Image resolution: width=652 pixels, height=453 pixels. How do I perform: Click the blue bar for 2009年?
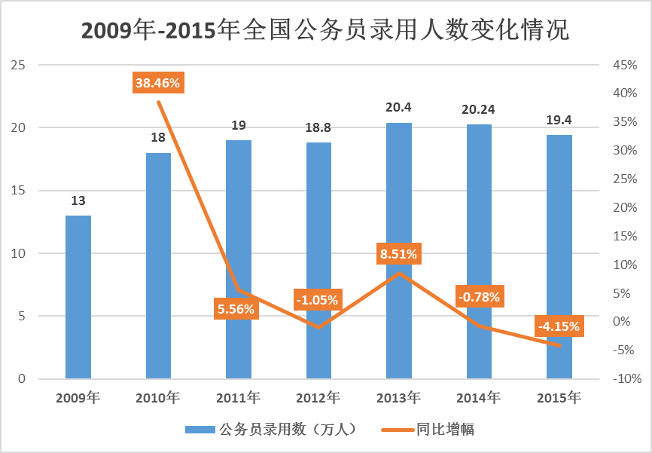pos(78,297)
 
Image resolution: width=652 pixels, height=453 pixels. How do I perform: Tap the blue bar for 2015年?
pos(559,256)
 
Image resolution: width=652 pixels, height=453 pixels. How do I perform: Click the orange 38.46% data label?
pos(158,83)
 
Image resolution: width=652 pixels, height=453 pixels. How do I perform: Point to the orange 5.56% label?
pos(236,308)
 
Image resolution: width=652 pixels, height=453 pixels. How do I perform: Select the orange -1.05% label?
pos(318,299)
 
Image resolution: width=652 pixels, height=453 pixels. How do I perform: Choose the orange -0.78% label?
pos(479,297)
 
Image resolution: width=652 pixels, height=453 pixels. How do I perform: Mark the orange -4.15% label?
pos(559,326)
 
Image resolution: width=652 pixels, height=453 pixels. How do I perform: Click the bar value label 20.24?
pos(478,110)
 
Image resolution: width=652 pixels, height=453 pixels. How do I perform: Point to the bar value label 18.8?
pos(318,128)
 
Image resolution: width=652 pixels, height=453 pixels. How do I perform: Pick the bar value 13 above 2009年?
pos(78,201)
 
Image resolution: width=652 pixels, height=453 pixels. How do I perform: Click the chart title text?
pos(325,31)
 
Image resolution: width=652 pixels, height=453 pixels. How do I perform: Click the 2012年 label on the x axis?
pos(318,396)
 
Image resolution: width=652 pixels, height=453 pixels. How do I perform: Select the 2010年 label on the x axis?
pos(158,396)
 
